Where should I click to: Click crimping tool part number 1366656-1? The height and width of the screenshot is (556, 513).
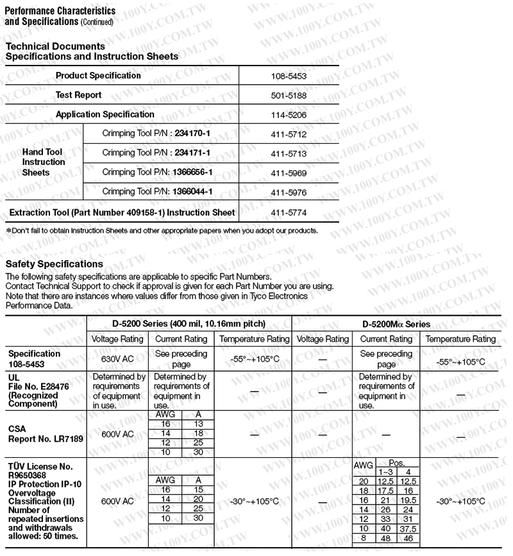click(192, 173)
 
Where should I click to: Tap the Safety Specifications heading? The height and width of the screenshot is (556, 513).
click(54, 264)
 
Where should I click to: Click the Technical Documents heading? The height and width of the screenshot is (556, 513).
click(55, 46)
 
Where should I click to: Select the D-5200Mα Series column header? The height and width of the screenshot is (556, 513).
click(396, 324)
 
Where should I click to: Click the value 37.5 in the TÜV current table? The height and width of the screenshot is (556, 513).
click(408, 528)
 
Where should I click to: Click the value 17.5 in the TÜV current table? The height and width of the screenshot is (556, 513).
click(385, 491)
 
